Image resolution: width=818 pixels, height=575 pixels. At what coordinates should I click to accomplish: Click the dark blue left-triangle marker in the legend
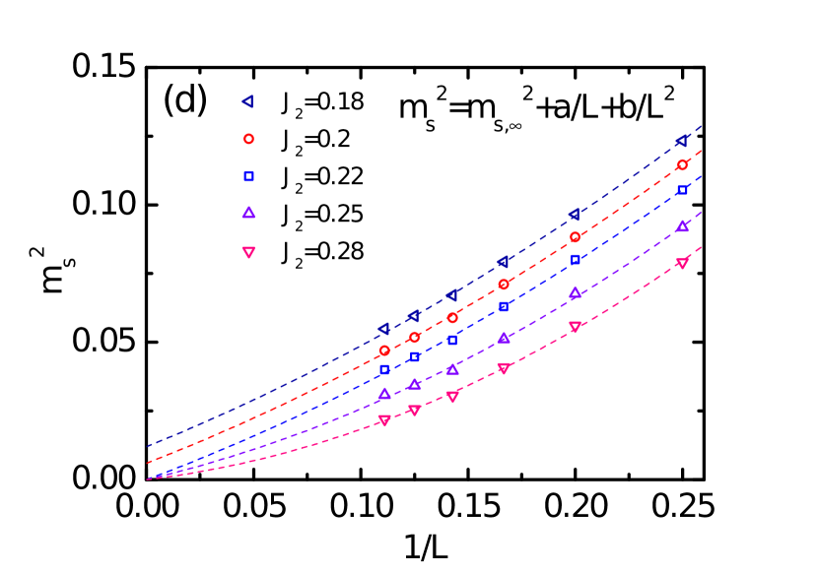point(248,101)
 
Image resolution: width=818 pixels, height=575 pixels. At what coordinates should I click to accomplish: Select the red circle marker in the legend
point(248,139)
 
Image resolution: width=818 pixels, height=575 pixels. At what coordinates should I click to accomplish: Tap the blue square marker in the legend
point(248,176)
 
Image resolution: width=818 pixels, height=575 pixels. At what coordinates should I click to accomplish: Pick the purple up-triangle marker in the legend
point(248,213)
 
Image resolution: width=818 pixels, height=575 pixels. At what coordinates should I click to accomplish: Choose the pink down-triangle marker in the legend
point(248,252)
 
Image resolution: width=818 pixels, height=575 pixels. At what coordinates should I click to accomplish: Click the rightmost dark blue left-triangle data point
point(682,141)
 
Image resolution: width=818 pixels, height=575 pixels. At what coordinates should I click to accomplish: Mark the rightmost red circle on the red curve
point(682,165)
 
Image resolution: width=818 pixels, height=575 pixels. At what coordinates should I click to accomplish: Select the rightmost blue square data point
point(682,190)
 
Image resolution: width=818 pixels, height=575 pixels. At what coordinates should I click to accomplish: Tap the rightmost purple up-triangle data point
point(682,226)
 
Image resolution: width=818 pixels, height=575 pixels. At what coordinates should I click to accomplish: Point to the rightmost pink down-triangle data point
point(682,263)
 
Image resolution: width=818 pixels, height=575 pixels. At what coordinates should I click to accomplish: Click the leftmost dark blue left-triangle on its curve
point(384,329)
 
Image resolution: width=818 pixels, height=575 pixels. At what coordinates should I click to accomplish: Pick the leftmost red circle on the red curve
point(384,351)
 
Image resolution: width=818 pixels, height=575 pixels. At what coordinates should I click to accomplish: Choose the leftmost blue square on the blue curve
point(384,369)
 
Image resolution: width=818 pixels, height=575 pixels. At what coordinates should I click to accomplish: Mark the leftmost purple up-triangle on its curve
point(384,394)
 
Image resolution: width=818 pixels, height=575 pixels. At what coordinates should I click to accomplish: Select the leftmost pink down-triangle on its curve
point(384,420)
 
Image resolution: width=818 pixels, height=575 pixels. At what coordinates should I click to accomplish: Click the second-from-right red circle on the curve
point(575,237)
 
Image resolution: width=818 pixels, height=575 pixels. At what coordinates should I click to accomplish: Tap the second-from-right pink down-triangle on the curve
point(575,326)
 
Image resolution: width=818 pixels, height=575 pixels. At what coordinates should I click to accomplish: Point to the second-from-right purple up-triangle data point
point(575,293)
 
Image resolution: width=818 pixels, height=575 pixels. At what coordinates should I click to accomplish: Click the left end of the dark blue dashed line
point(148,446)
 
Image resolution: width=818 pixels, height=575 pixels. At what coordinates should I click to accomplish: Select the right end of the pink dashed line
point(701,247)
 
